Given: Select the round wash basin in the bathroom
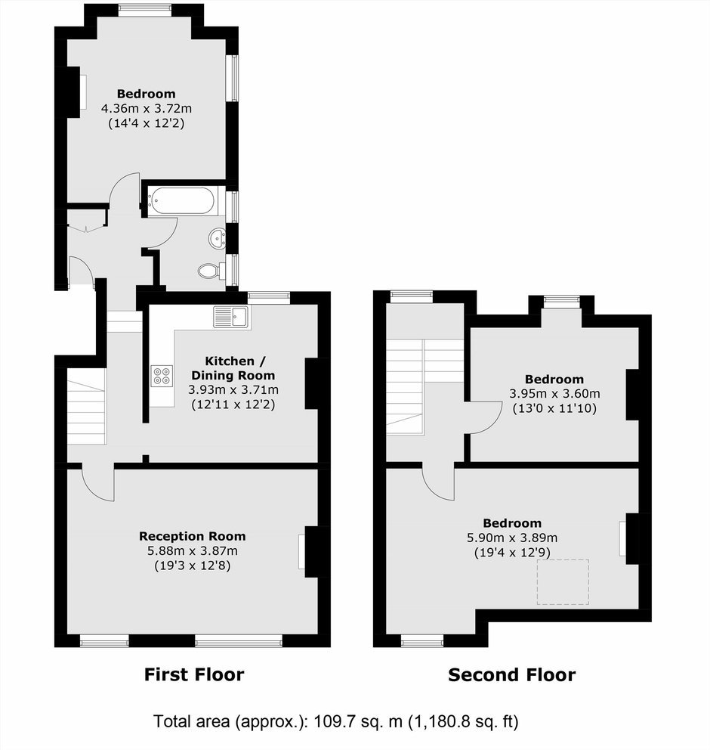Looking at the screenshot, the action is click(218, 237).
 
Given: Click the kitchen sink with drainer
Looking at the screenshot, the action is click(231, 317).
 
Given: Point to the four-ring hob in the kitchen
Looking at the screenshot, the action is click(162, 376).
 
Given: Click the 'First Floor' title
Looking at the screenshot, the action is click(194, 675).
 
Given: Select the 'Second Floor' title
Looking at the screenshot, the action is click(511, 675).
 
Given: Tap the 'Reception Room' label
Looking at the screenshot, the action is click(193, 536).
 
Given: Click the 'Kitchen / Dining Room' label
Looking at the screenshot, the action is click(233, 368).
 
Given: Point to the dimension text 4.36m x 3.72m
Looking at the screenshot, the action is click(147, 109).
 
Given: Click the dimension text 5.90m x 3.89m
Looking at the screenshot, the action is click(512, 538).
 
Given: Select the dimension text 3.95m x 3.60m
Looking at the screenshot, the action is click(554, 394).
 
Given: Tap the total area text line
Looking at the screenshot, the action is click(336, 721).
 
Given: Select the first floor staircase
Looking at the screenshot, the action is click(86, 406).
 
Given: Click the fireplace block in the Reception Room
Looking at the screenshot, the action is click(317, 551).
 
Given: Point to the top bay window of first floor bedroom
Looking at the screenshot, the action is click(145, 8).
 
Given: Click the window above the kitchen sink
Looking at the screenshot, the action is click(269, 298).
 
